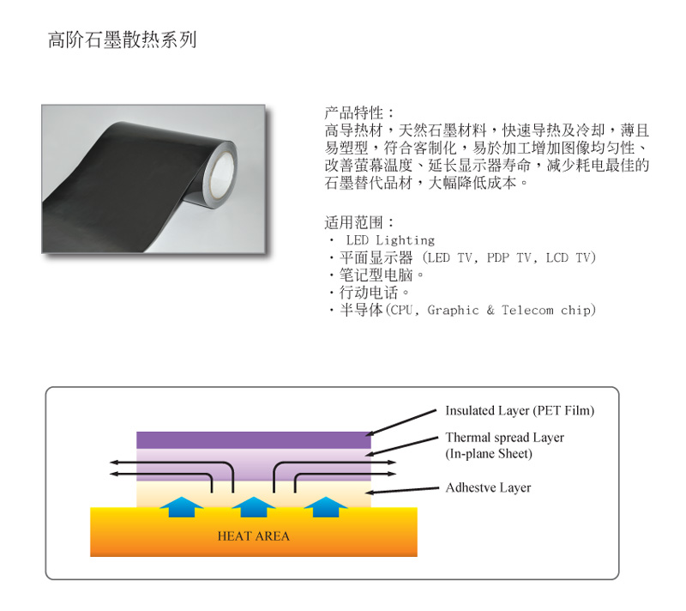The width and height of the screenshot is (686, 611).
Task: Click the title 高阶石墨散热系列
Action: [122, 39]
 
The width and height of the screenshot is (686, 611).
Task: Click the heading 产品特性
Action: [354, 113]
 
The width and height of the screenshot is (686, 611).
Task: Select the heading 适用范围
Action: [354, 222]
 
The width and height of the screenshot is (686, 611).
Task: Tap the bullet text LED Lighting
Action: [390, 240]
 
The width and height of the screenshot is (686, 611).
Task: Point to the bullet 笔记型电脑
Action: [376, 275]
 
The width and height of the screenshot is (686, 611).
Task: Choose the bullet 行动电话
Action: [369, 293]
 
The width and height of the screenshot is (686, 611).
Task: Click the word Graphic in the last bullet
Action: [454, 311]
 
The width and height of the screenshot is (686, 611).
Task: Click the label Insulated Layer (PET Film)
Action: [520, 410]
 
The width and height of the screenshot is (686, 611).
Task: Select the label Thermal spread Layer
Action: [505, 438]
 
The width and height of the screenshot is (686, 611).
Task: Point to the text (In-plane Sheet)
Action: [489, 453]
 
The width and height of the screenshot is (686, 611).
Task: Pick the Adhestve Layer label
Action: [488, 487]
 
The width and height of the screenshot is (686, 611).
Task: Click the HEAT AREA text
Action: [254, 536]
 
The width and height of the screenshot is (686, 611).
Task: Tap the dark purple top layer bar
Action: [254, 440]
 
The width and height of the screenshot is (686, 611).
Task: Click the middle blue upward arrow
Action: [253, 507]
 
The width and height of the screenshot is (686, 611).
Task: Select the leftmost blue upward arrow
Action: [181, 507]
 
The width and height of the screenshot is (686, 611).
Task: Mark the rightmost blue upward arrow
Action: [326, 507]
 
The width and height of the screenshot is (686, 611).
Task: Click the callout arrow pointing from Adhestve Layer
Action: [402, 490]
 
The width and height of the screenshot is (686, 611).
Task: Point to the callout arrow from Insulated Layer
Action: [401, 423]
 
